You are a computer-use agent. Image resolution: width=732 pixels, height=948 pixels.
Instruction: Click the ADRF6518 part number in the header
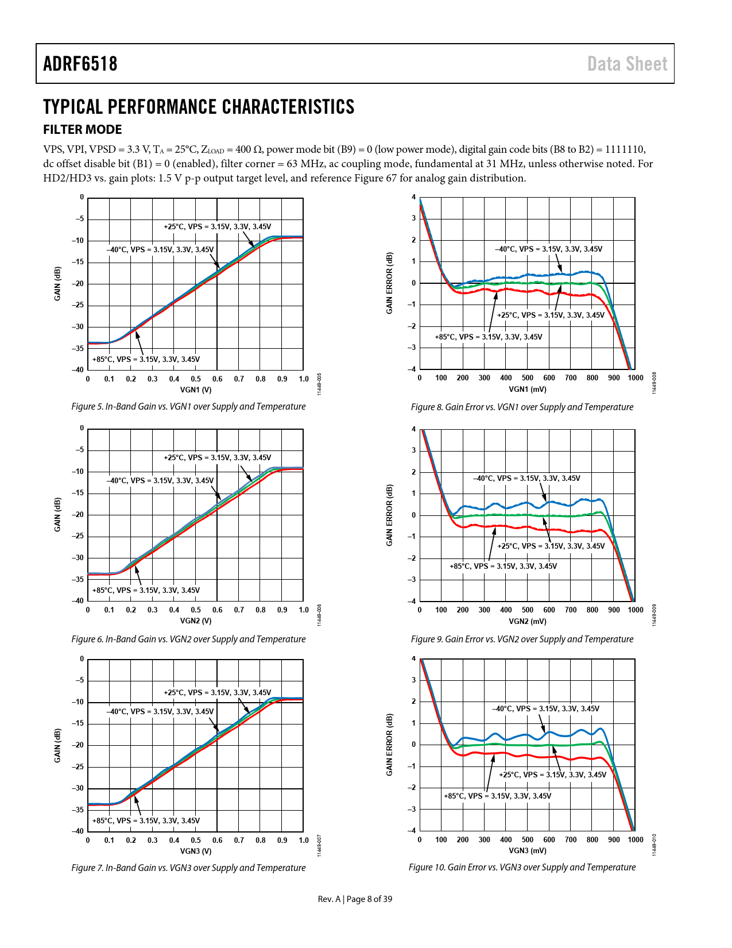[x=80, y=64]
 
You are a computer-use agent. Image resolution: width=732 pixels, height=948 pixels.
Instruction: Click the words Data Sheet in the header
[x=627, y=64]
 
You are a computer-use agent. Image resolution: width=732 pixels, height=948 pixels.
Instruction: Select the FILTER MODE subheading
[x=83, y=130]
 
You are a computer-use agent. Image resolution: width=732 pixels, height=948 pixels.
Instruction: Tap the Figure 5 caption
[x=188, y=407]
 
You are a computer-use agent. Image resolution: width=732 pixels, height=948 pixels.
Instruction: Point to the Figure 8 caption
[x=522, y=407]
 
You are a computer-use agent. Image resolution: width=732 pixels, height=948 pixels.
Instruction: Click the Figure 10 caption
[x=522, y=868]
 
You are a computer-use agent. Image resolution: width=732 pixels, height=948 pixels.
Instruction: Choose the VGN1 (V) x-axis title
[x=196, y=390]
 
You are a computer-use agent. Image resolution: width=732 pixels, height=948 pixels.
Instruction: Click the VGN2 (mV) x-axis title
[x=528, y=621]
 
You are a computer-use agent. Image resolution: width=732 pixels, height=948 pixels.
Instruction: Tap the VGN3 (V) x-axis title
[x=196, y=851]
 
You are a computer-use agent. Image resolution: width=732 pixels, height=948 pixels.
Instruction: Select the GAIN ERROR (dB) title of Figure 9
[x=390, y=515]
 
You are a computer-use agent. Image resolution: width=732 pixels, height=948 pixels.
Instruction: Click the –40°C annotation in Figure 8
[x=548, y=249]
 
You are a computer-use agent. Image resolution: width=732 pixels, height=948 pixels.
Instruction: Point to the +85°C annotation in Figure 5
[x=146, y=360]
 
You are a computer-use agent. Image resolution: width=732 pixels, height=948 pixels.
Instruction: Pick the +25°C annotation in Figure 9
[x=551, y=546]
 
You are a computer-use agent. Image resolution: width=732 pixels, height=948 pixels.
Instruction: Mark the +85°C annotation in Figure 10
[x=497, y=796]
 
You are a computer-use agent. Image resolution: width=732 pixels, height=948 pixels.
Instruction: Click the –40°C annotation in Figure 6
[x=160, y=481]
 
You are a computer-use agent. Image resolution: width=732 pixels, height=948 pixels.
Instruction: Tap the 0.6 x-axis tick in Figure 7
[x=218, y=841]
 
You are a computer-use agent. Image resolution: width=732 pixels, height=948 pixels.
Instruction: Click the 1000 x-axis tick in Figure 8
[x=635, y=378]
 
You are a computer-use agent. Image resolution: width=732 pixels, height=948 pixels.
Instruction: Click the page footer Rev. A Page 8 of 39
[x=355, y=899]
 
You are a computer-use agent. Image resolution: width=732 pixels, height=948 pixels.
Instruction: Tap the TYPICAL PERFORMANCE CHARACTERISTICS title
[x=199, y=107]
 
